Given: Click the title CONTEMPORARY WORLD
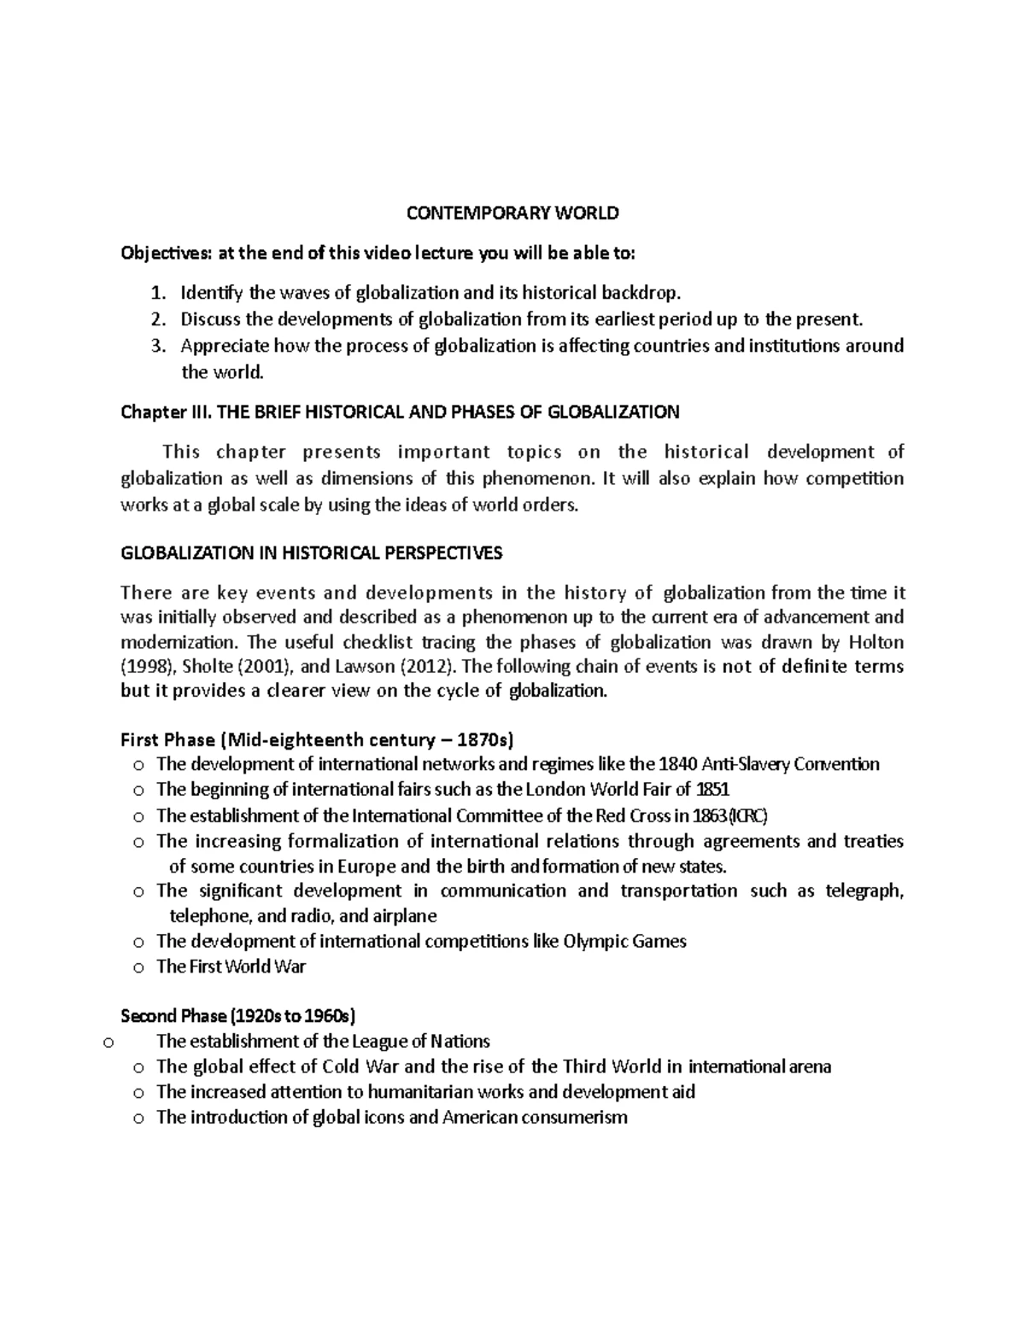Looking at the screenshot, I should pyautogui.click(x=512, y=213).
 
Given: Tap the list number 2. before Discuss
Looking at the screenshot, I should pyautogui.click(x=156, y=320).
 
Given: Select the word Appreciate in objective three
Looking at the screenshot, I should pyautogui.click(x=225, y=346).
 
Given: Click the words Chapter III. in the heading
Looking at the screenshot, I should pyautogui.click(x=167, y=412).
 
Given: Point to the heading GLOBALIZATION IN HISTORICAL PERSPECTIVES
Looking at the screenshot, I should pyautogui.click(x=312, y=553).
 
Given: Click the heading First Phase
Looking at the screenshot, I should pyautogui.click(x=168, y=739).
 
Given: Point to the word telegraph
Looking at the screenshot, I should pyautogui.click(x=864, y=891).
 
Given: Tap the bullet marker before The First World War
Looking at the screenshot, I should pyautogui.click(x=139, y=968).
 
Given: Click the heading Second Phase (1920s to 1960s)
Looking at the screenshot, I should pyautogui.click(x=238, y=1016).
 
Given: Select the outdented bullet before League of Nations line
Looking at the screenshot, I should pyautogui.click(x=108, y=1043).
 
